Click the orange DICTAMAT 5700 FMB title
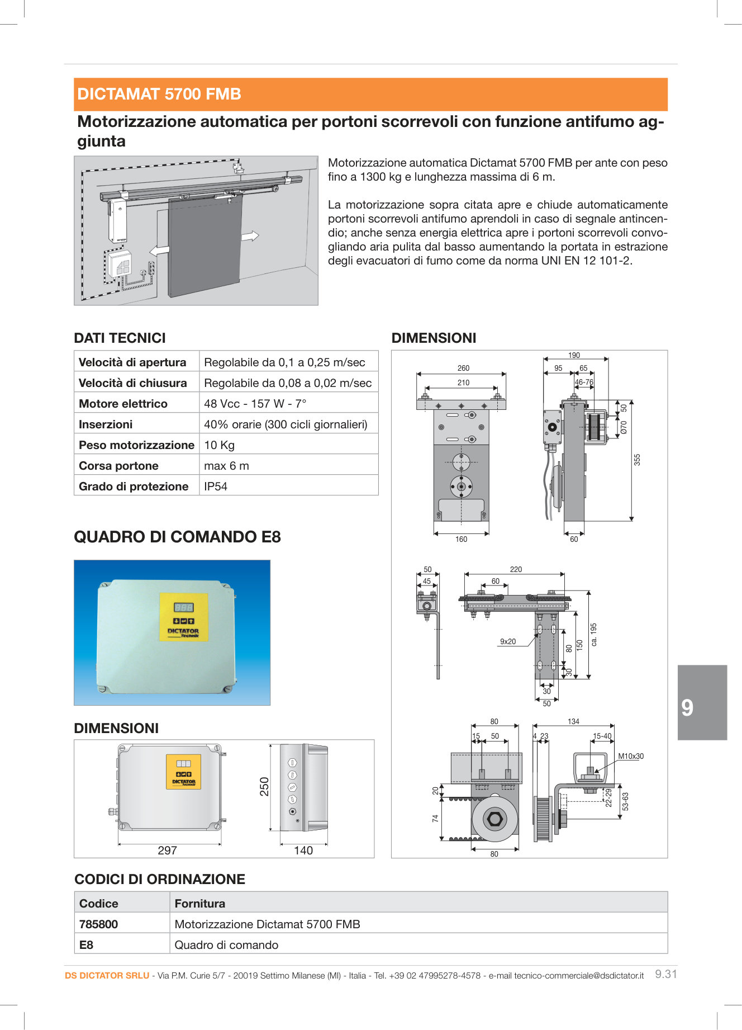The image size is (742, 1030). click(159, 94)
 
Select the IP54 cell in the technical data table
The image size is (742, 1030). click(216, 486)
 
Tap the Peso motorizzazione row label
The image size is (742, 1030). click(136, 445)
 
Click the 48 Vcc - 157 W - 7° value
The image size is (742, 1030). click(255, 404)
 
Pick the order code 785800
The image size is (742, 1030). click(99, 924)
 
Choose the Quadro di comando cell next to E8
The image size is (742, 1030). click(226, 945)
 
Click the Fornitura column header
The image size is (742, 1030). click(199, 904)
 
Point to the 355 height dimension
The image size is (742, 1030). click(637, 460)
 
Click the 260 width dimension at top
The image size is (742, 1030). click(463, 368)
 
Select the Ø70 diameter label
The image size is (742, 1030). click(624, 427)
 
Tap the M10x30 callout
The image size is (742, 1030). click(630, 756)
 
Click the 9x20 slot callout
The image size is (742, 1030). click(508, 641)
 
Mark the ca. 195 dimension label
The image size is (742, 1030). click(594, 635)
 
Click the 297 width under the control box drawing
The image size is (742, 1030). click(167, 851)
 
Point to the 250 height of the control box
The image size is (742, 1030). click(264, 786)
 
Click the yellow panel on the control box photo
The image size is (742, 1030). click(183, 617)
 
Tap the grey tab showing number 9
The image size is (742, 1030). click(702, 702)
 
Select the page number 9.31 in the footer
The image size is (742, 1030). click(665, 974)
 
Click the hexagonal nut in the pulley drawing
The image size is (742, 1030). click(494, 819)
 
